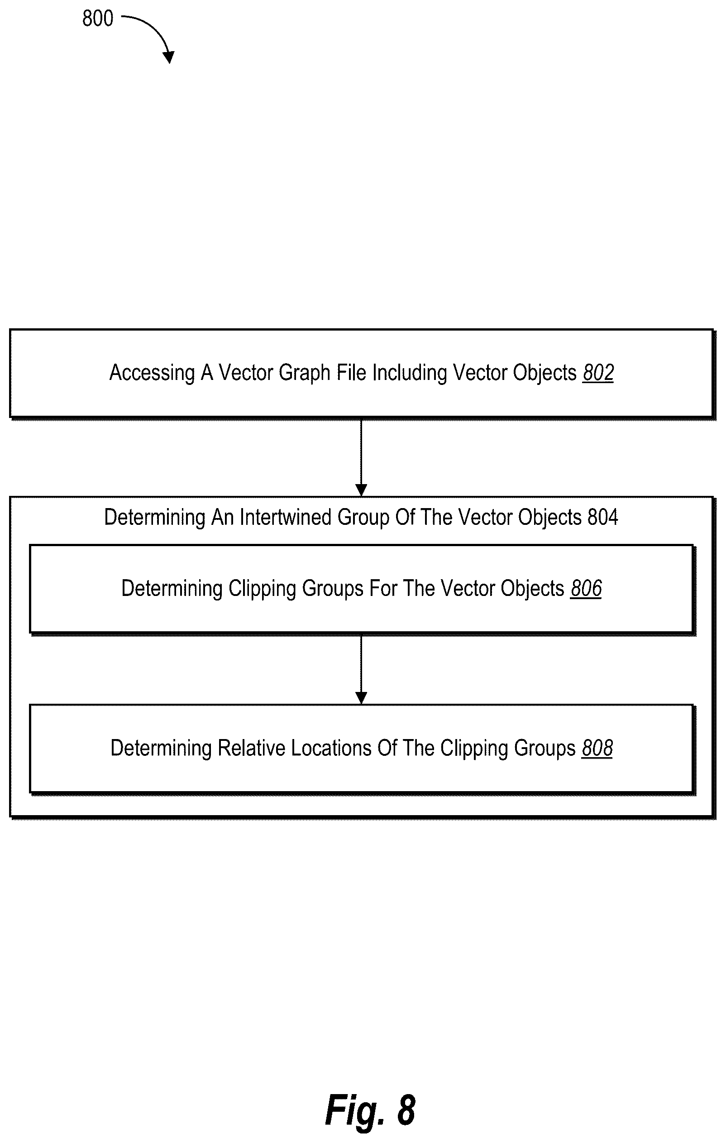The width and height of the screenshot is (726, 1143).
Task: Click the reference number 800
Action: (x=98, y=19)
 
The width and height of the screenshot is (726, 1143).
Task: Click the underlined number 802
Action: (x=598, y=373)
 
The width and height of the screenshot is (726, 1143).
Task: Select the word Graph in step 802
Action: (x=304, y=373)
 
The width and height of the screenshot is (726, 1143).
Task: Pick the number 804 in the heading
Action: (x=602, y=517)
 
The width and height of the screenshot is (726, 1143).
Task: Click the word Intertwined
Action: (x=286, y=517)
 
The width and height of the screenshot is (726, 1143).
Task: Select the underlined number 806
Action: (x=586, y=589)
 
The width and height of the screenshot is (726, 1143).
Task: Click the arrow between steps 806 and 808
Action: (x=361, y=670)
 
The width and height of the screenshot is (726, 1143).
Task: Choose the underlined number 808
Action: (x=597, y=749)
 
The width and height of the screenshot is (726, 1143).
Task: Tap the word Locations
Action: (x=331, y=749)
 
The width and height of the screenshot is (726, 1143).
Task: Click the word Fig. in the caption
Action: (x=355, y=1109)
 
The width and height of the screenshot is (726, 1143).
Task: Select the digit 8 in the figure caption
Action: (x=406, y=1110)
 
